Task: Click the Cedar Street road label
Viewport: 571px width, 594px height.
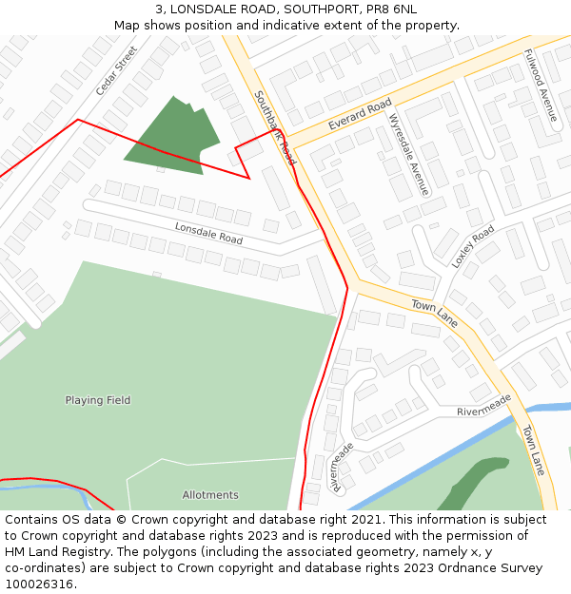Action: click(116, 70)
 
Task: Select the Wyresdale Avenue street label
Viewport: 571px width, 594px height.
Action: click(409, 154)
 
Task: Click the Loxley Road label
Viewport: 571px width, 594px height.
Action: click(473, 246)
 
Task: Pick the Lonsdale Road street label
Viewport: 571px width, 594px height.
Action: click(208, 233)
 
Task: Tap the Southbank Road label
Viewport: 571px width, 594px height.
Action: click(275, 128)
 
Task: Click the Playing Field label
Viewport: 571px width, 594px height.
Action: click(98, 400)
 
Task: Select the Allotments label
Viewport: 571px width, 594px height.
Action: click(210, 495)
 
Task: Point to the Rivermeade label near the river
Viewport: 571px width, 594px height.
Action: click(483, 405)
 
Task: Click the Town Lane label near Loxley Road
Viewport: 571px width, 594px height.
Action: click(435, 314)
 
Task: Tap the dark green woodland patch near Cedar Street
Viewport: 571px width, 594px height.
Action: click(171, 138)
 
